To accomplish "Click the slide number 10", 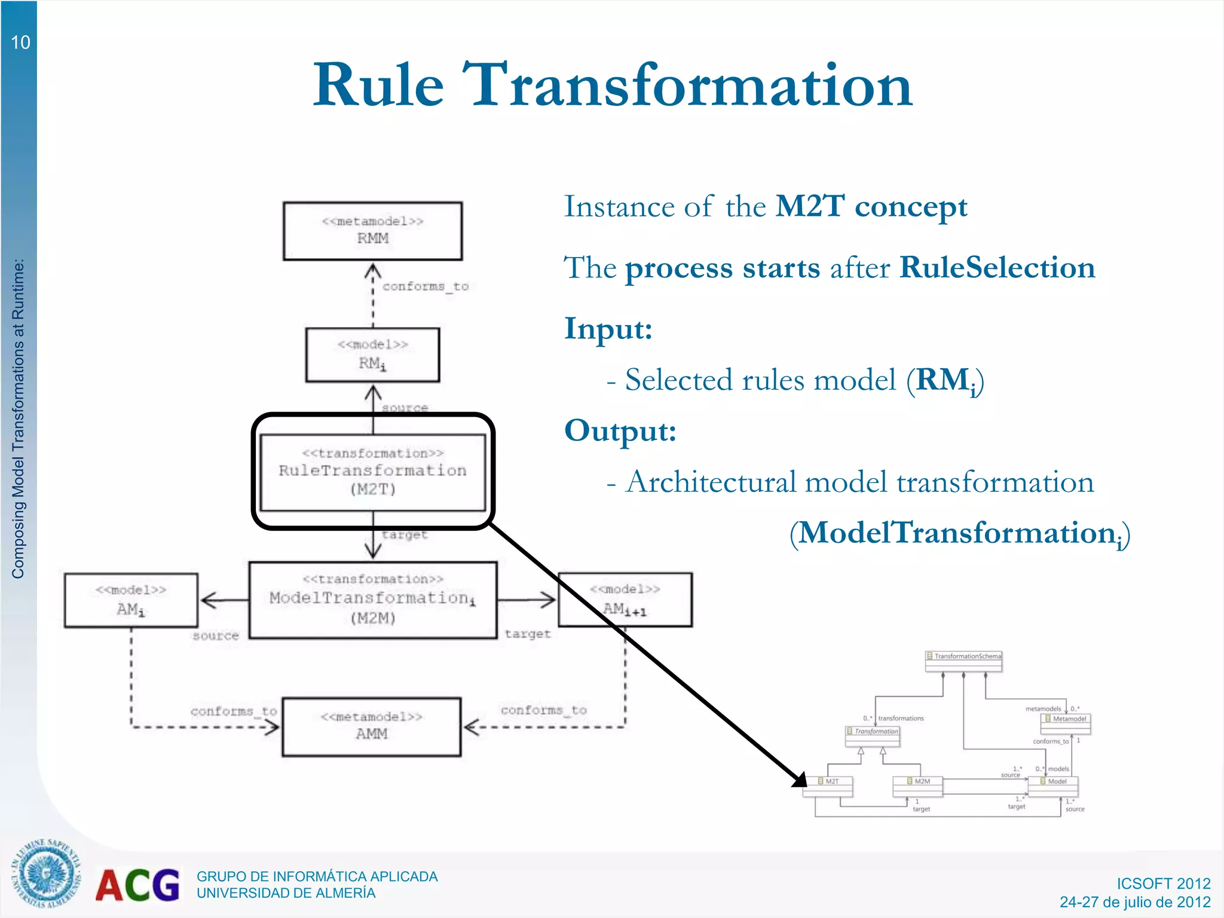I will click(20, 42).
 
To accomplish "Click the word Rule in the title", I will click(378, 85).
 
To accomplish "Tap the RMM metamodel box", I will click(372, 231).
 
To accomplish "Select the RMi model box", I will click(372, 354).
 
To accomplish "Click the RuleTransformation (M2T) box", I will click(372, 472).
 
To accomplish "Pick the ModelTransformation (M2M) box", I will click(372, 599).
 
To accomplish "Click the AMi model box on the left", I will click(131, 600).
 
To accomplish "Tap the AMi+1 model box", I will click(625, 599).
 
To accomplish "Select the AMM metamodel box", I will click(372, 726).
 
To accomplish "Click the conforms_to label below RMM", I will click(425, 286).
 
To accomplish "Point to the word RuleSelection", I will click(997, 267).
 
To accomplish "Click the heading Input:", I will click(608, 328).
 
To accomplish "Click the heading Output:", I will click(620, 430).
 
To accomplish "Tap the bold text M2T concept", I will click(871, 206).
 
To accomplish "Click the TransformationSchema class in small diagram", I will click(963, 656).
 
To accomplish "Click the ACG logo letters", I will click(137, 885).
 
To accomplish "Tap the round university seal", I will click(45, 874).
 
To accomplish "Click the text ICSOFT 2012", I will click(1163, 883).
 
